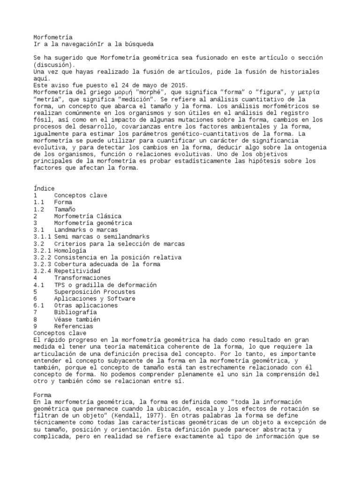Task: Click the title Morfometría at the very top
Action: click(52, 37)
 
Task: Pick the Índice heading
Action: click(44, 188)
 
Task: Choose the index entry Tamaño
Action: click(64, 209)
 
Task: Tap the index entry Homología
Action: click(69, 250)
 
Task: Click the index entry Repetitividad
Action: click(76, 271)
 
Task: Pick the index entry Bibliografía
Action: click(76, 312)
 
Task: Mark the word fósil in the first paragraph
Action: click(44, 127)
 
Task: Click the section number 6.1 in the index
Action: click(39, 305)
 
